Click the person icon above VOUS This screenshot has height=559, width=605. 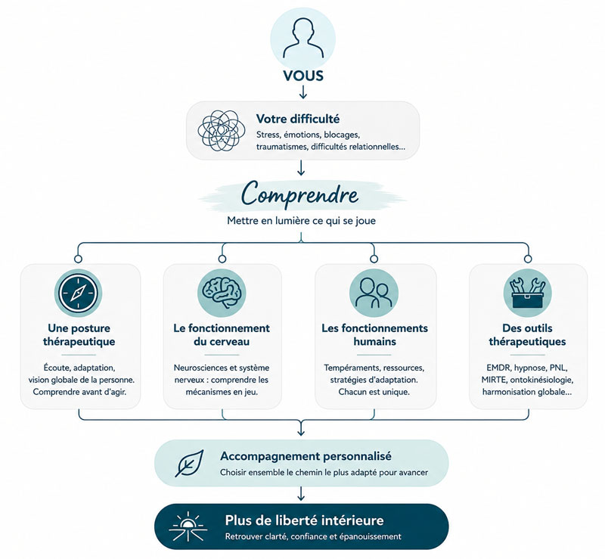303,39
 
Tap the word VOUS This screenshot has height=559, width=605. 303,76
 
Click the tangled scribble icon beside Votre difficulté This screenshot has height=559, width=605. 221,131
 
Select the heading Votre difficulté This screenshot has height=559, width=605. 298,119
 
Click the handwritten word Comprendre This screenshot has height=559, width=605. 299,194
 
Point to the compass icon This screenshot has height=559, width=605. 78,293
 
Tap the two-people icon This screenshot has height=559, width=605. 374,293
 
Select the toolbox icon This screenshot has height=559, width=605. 527,293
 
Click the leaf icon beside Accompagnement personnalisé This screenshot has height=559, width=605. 189,463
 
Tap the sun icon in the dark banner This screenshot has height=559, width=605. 188,526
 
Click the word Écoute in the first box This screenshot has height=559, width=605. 57,368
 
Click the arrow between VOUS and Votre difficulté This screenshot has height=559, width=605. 303,92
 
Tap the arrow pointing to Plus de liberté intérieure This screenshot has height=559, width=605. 301,494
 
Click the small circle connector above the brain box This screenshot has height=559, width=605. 222,259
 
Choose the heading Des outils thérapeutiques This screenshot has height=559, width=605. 527,334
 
